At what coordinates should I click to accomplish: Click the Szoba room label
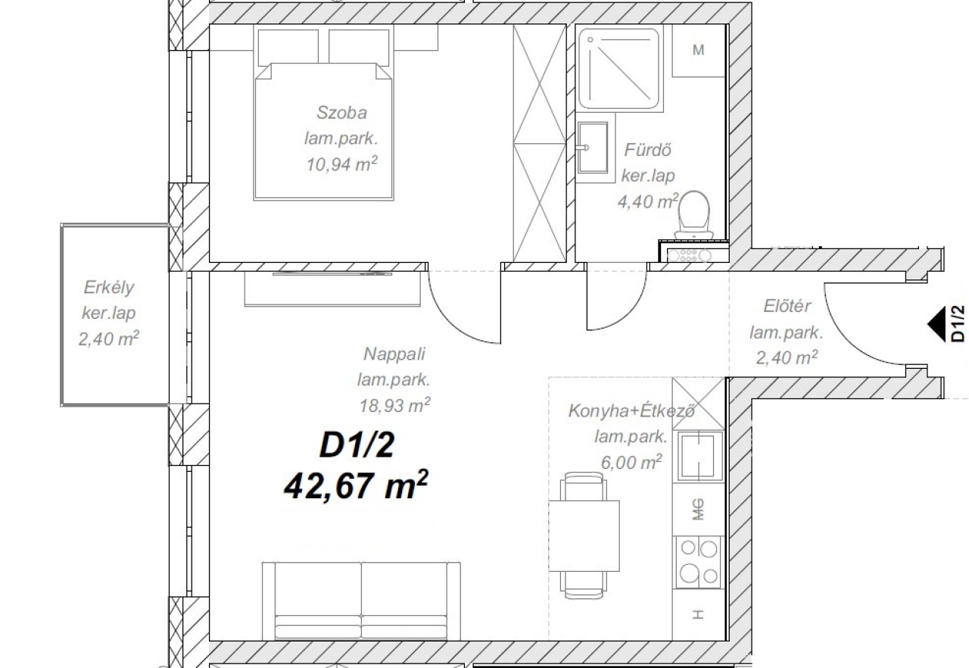click(x=341, y=113)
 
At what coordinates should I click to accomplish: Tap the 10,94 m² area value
click(x=341, y=164)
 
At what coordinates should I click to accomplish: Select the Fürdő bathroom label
click(x=647, y=150)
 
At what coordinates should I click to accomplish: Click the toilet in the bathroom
click(x=694, y=215)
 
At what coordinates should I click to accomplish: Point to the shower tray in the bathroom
click(x=619, y=69)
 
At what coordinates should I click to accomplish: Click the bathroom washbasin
click(x=593, y=148)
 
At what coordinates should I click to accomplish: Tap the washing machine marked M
click(x=698, y=51)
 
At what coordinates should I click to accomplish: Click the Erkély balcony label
click(x=109, y=288)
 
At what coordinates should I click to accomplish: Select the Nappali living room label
click(x=394, y=354)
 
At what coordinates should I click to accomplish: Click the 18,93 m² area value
click(x=395, y=405)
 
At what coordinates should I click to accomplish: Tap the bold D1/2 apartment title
click(x=357, y=445)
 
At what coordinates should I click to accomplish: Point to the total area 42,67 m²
click(x=356, y=485)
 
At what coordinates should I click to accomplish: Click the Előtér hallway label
click(x=787, y=306)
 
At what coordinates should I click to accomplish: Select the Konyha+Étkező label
click(x=631, y=410)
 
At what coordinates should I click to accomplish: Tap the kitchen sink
click(x=700, y=456)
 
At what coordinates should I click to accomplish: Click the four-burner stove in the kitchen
click(x=699, y=562)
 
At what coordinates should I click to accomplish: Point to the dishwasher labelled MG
click(x=698, y=509)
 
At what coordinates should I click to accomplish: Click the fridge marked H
click(x=698, y=615)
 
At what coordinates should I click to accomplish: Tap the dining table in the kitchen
click(x=584, y=536)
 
